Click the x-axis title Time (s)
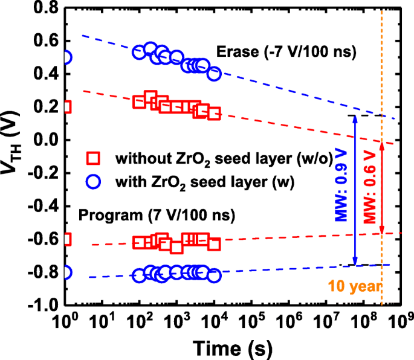(232, 347)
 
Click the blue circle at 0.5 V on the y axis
(65, 57)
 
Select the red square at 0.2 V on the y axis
(65, 107)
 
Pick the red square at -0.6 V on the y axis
(65, 239)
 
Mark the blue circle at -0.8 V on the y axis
(65, 272)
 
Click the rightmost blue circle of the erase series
(214, 74)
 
